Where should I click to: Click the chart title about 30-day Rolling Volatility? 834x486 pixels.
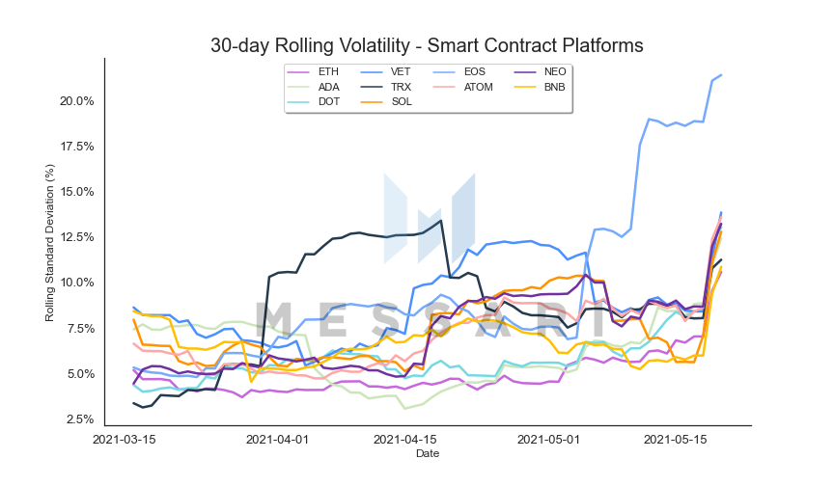[x=427, y=45]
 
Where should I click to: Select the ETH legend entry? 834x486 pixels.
[x=313, y=71]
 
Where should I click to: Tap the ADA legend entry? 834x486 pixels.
[x=314, y=87]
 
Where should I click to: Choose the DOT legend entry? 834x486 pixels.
[x=314, y=101]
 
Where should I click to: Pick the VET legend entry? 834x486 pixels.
[x=385, y=71]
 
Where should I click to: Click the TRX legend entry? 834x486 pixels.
[x=385, y=87]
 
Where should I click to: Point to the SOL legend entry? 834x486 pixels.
[x=386, y=101]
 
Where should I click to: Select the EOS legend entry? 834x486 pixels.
[x=459, y=71]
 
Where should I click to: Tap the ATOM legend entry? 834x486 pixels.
[x=462, y=87]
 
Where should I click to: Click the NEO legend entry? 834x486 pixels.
[x=541, y=71]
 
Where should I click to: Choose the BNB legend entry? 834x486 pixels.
[x=540, y=87]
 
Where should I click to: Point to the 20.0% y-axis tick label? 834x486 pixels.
[x=76, y=101]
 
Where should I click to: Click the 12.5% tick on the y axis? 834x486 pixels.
[x=76, y=237]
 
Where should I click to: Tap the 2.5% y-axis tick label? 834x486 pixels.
[x=80, y=419]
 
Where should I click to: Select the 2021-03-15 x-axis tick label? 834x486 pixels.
[x=124, y=440]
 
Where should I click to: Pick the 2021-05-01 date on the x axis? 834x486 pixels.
[x=548, y=440]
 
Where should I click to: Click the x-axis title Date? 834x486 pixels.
[x=428, y=453]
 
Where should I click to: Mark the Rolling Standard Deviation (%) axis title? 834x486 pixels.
[x=49, y=243]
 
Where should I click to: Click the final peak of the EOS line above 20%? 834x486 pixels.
[x=721, y=75]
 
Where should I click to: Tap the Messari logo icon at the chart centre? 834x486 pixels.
[x=430, y=218]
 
